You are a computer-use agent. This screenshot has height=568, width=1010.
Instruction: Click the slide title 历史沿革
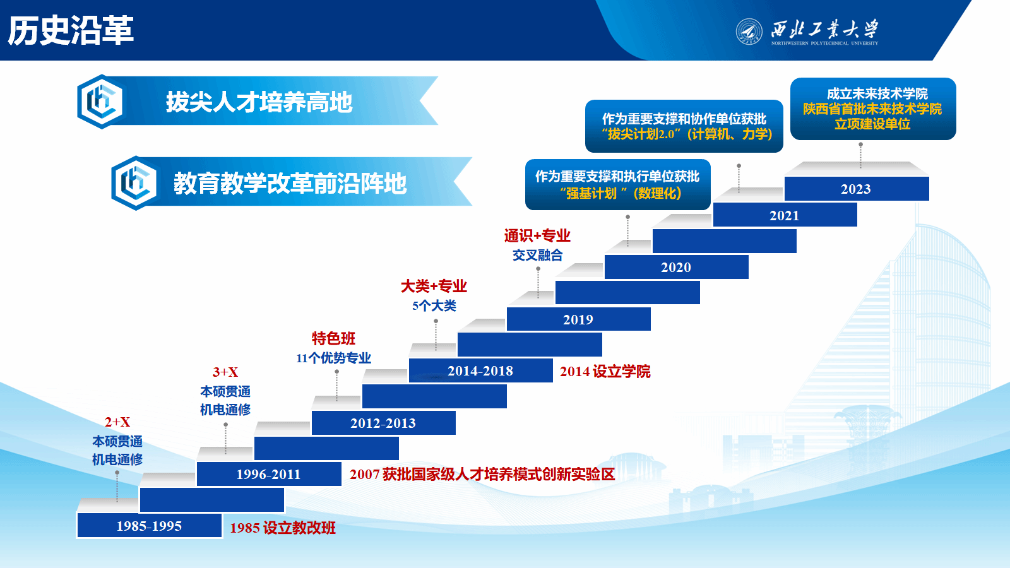(x=70, y=30)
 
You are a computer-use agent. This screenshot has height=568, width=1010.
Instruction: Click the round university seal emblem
(x=749, y=31)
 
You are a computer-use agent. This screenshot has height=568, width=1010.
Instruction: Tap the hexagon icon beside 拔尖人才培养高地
(x=101, y=102)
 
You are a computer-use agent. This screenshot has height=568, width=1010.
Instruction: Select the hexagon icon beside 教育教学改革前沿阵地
(x=135, y=183)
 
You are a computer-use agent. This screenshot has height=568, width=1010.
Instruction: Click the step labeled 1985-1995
(x=149, y=526)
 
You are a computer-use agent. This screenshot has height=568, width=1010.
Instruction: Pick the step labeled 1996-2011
(x=269, y=474)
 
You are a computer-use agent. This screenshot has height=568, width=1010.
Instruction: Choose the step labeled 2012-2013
(x=383, y=423)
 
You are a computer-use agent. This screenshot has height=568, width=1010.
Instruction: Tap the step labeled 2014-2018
(x=480, y=370)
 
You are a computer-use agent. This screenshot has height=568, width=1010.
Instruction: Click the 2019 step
(x=578, y=319)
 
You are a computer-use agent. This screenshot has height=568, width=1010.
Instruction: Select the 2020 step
(x=676, y=267)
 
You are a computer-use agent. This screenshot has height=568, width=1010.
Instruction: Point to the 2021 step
(x=785, y=215)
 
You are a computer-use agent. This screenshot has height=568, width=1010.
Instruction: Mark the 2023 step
(x=856, y=189)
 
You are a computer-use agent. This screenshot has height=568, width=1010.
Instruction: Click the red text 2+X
(x=117, y=422)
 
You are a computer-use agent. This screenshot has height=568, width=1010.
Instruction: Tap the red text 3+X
(x=225, y=372)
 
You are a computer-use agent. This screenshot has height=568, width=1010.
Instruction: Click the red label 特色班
(x=334, y=338)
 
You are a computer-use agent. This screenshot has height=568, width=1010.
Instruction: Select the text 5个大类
(x=434, y=305)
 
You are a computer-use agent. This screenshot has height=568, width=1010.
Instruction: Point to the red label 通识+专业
(x=537, y=235)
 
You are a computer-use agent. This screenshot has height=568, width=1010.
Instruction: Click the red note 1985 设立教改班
(x=283, y=528)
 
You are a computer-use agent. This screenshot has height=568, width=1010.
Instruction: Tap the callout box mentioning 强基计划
(x=618, y=184)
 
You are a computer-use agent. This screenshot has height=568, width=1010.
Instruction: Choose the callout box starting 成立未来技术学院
(x=873, y=109)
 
